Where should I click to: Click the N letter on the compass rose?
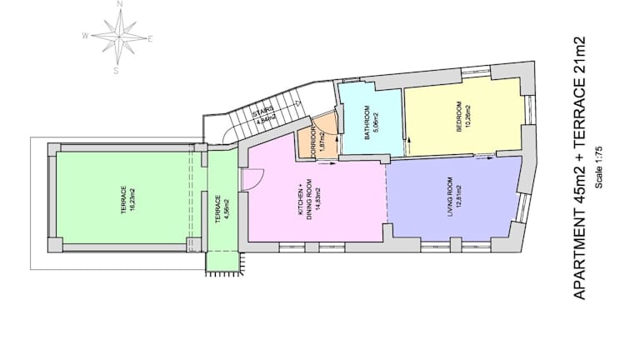point(120,4)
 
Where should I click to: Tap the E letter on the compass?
point(150,39)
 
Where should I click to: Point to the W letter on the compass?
point(85,36)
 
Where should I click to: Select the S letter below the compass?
point(116,71)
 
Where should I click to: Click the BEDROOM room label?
point(459,117)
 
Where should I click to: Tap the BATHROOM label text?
point(367,122)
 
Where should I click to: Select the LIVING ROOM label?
point(450,197)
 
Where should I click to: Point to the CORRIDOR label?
point(313,142)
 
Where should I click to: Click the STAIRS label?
point(262,110)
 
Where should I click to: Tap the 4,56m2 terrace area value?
point(227,211)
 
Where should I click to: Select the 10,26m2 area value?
point(467,117)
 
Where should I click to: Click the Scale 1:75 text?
point(599,167)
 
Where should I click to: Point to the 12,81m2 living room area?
point(459,197)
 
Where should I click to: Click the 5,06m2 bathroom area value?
point(376,123)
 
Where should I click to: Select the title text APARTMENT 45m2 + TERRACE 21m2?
point(580,168)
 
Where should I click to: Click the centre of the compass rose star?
point(119,37)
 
